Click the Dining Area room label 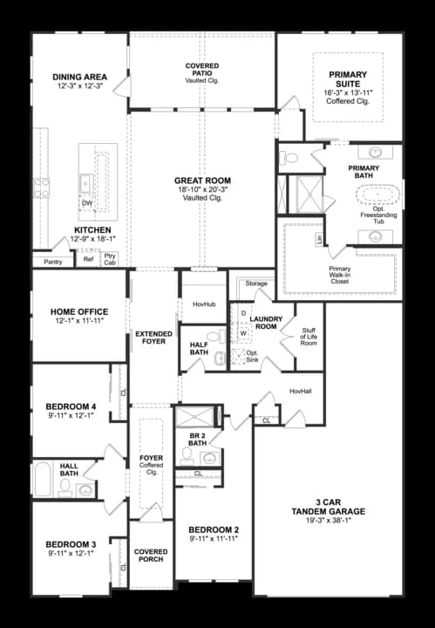pyautogui.click(x=79, y=77)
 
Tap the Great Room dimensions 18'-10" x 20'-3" pyautogui.click(x=201, y=189)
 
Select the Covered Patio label pyautogui.click(x=201, y=66)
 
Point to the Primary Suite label pyautogui.click(x=348, y=75)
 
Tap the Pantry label pyautogui.click(x=52, y=261)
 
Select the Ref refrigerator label pyautogui.click(x=88, y=259)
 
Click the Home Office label pyautogui.click(x=79, y=311)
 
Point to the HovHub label pyautogui.click(x=202, y=304)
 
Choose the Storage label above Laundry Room pyautogui.click(x=256, y=283)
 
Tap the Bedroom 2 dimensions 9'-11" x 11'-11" pyautogui.click(x=213, y=540)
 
